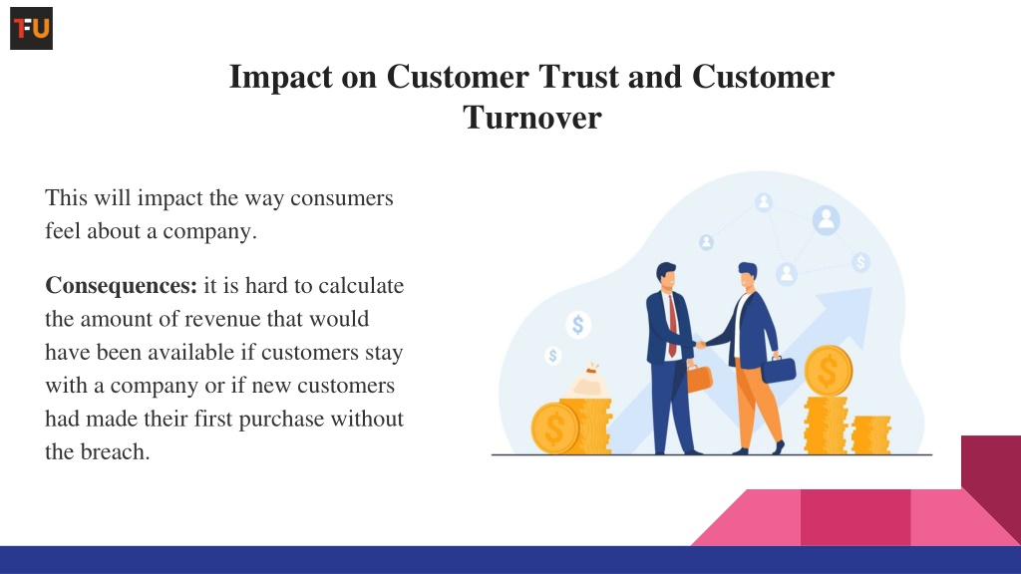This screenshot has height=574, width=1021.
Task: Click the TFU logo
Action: coord(31,29)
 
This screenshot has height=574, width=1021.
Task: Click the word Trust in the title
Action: coord(578,77)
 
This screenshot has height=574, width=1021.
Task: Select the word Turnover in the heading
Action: coord(532,118)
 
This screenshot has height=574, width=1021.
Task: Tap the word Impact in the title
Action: coord(280,78)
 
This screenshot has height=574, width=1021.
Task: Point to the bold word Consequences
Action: coord(121,286)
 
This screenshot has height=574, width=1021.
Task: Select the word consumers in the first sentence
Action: coord(341,198)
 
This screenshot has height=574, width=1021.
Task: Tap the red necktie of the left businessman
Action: coord(672,326)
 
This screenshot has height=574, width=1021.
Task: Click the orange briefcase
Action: coord(699,378)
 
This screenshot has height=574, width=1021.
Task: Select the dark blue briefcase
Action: coord(779,369)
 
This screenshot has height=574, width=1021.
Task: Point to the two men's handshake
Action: coord(701,345)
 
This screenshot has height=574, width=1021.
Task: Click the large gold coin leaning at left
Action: coord(554,428)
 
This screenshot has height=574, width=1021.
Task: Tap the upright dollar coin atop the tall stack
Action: coord(829,371)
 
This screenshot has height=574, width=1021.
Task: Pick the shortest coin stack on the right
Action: coord(870,434)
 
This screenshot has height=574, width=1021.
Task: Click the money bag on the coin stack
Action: coord(588,382)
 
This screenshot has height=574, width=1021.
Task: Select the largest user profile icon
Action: coord(827,220)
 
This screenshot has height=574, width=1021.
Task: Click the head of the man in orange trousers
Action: coord(748,277)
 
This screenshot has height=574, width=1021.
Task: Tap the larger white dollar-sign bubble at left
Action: coord(577,324)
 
